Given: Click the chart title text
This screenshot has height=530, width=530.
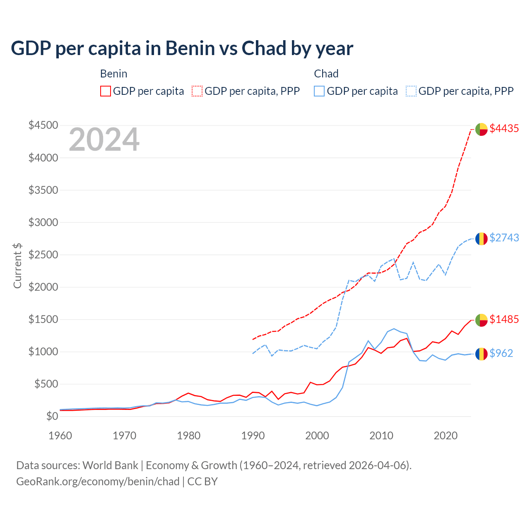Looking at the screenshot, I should (182, 48).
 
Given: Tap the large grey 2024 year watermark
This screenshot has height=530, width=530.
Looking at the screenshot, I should (104, 140).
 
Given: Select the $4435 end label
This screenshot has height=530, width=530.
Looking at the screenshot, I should (504, 129).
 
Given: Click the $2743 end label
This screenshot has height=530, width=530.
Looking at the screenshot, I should (504, 238).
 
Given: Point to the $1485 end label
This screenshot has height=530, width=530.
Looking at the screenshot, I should (504, 319).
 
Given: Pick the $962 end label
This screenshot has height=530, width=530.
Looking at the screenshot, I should (501, 353).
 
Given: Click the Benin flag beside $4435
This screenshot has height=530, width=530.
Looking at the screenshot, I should (481, 129).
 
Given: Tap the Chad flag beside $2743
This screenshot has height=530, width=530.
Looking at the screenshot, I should (481, 239).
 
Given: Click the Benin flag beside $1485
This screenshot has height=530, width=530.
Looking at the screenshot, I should (481, 320).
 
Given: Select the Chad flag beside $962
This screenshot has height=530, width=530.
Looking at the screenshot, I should (481, 354).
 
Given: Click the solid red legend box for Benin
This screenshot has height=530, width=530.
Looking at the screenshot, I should (106, 91).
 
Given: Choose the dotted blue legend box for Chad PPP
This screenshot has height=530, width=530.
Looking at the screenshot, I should (411, 91).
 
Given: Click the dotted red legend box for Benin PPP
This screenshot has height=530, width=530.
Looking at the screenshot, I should (197, 91).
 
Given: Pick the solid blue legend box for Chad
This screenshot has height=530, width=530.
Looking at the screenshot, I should (319, 91).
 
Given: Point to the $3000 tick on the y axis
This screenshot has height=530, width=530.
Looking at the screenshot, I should (43, 222).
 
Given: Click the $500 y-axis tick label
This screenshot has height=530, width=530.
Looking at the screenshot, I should (46, 384).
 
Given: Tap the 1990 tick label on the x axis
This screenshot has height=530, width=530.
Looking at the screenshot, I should (253, 436).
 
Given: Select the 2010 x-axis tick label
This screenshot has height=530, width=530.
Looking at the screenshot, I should (381, 436).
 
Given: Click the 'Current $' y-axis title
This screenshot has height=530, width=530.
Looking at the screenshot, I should (17, 265).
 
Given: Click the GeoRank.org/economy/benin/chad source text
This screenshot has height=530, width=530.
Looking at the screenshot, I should (98, 482).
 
